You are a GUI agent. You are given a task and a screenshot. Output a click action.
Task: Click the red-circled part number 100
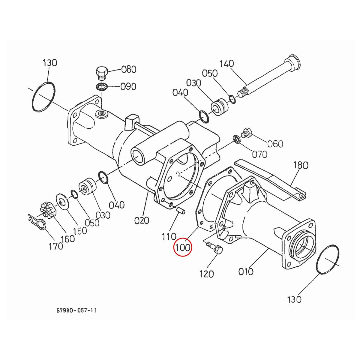183,248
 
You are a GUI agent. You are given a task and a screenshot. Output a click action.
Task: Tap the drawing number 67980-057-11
76,310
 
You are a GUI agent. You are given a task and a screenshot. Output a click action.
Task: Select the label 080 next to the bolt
129,70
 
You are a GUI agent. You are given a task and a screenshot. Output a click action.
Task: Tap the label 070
259,154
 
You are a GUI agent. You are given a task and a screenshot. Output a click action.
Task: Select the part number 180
300,165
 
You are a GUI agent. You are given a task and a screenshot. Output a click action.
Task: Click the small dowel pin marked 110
181,210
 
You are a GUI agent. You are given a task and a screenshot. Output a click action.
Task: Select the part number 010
246,271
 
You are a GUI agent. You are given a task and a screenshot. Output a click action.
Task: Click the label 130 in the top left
49,63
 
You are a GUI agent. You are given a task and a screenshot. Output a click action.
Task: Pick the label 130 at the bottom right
294,299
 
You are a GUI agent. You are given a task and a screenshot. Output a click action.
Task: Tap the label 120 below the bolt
206,274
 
